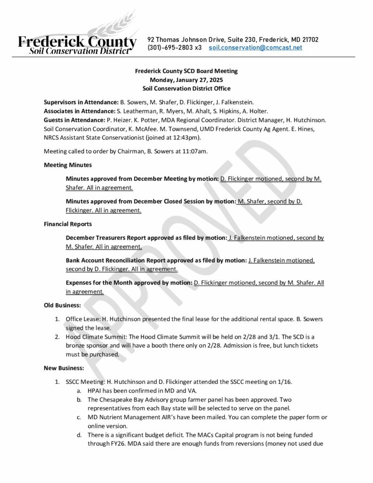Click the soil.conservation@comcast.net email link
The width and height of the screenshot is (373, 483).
coord(255,48)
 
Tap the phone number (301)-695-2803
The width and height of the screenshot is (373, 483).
coord(168,48)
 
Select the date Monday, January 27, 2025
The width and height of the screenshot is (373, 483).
coord(186,80)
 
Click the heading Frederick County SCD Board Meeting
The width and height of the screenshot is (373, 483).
coord(186,71)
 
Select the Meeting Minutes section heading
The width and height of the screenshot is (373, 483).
coord(68,165)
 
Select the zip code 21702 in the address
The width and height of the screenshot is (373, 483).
coord(309,40)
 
